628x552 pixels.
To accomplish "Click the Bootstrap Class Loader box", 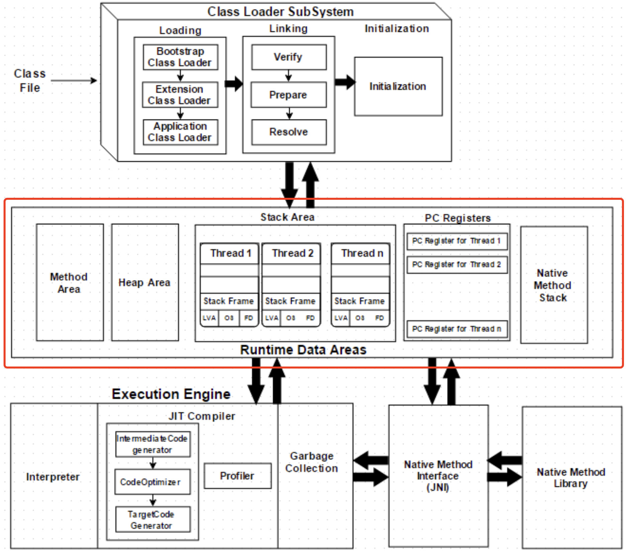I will [x=180, y=57].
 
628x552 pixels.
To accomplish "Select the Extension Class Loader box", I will [x=180, y=95].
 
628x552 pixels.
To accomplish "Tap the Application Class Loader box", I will [x=180, y=132].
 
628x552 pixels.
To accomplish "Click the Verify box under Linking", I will [x=289, y=57].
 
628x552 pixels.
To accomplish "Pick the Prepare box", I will [x=289, y=95].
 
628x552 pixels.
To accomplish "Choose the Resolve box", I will [x=289, y=132].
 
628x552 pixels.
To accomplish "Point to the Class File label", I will [x=30, y=81].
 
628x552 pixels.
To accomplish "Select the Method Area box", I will [x=70, y=282].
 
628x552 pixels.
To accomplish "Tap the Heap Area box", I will [x=145, y=282].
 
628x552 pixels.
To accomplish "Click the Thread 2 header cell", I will [x=292, y=253].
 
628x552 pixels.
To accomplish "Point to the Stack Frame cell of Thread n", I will [x=360, y=301].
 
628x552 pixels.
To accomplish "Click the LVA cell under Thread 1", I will [x=209, y=318].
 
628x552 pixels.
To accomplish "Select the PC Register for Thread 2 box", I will [x=457, y=265].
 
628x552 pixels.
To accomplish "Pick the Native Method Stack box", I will [x=553, y=285].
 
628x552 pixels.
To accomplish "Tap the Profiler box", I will [x=237, y=476].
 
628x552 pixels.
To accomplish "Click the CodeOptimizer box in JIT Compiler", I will [x=152, y=482].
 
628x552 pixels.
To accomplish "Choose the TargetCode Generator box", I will [x=152, y=520].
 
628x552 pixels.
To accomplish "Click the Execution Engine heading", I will [x=171, y=394].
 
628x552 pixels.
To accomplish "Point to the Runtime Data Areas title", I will [x=303, y=350].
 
